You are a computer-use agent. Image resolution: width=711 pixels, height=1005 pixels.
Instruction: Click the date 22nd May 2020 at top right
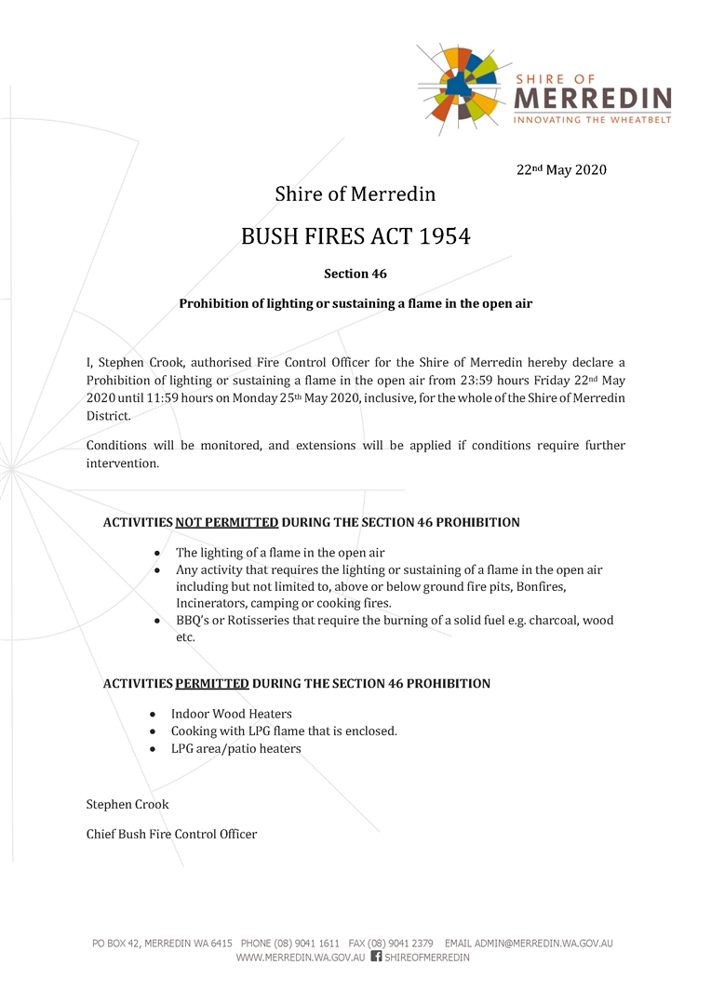point(561,170)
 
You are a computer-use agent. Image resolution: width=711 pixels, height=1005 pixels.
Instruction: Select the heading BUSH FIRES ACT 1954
point(355,236)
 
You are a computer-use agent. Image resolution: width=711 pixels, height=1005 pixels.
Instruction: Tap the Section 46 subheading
point(355,274)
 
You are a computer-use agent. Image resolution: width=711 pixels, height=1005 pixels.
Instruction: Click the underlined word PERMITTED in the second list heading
point(211,684)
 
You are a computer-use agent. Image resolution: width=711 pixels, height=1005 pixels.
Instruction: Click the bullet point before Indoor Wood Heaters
point(153,715)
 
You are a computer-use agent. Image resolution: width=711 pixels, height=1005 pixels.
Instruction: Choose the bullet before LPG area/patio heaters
point(153,749)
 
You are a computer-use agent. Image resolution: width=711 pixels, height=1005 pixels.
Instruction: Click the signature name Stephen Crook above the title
point(127,804)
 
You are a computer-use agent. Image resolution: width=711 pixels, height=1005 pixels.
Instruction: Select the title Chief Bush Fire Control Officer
point(171,834)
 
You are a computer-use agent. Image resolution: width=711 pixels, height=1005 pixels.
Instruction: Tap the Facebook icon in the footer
point(376,956)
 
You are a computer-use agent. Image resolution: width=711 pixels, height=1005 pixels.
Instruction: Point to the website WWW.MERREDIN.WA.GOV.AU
point(300,957)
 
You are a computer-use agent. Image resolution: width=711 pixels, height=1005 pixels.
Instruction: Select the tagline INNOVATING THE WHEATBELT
point(592,119)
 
